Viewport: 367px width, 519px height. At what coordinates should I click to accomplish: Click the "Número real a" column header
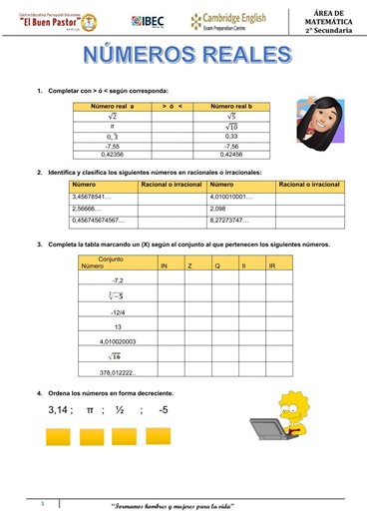(112, 105)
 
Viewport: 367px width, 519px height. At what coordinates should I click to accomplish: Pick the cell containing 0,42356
(112, 155)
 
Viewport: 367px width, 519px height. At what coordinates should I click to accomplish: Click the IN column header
(165, 266)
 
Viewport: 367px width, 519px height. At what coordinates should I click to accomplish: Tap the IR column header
(272, 266)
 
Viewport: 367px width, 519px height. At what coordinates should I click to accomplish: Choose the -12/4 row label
(118, 310)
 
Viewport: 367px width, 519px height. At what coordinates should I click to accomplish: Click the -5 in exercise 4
(164, 410)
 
